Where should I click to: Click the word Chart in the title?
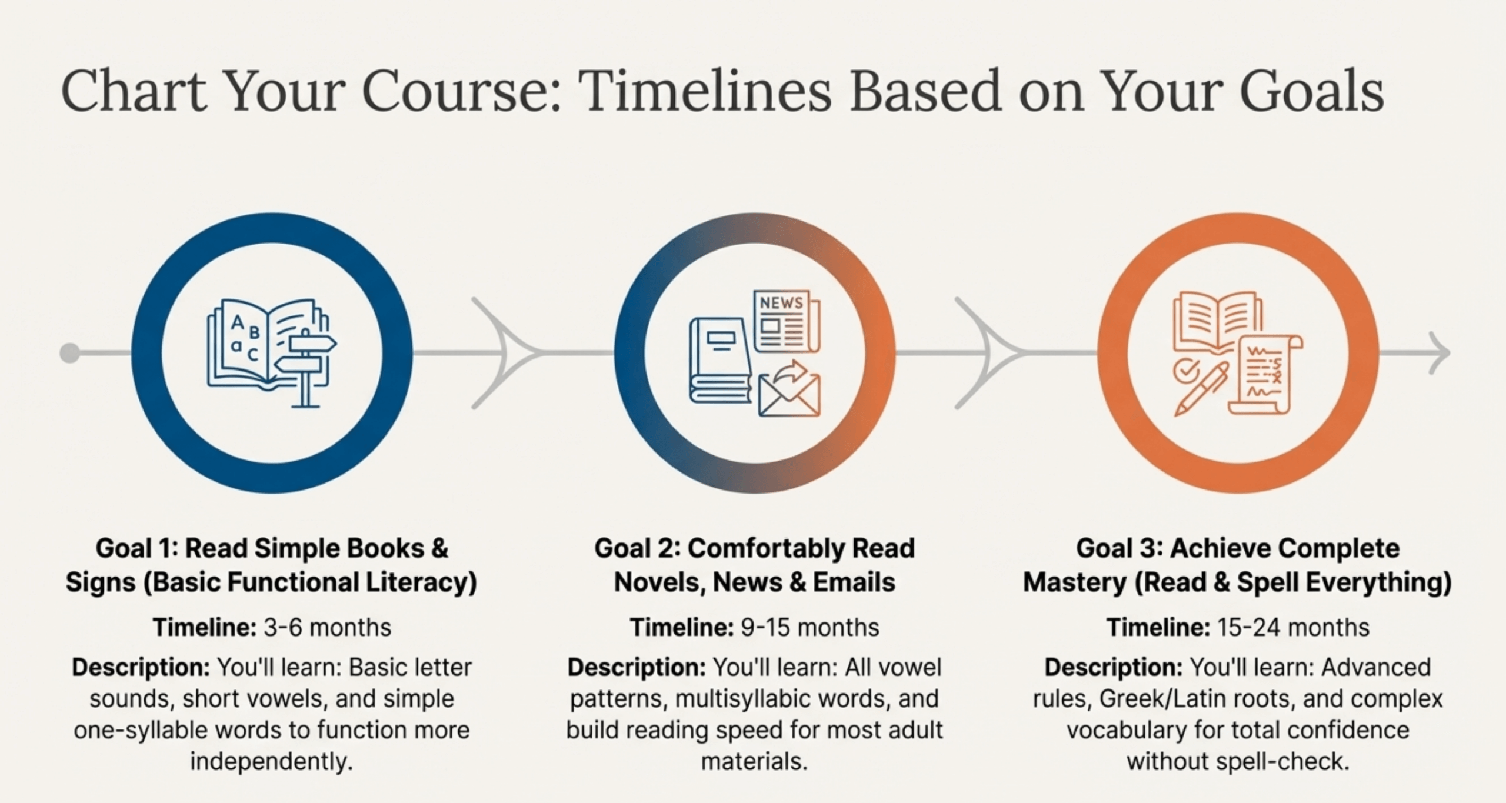click(134, 91)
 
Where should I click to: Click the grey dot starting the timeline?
click(70, 353)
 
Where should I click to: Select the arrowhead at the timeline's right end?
click(1439, 353)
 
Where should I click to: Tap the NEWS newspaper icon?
click(787, 321)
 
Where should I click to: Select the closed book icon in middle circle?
click(721, 360)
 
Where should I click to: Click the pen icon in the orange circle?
click(1201, 389)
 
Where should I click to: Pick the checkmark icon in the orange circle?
click(1183, 371)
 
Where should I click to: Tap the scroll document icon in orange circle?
click(1265, 375)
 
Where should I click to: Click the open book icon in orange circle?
click(1217, 322)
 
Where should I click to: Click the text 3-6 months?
click(327, 628)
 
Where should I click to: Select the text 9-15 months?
click(810, 628)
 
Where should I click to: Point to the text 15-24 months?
click(1290, 628)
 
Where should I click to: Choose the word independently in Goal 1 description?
click(271, 762)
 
